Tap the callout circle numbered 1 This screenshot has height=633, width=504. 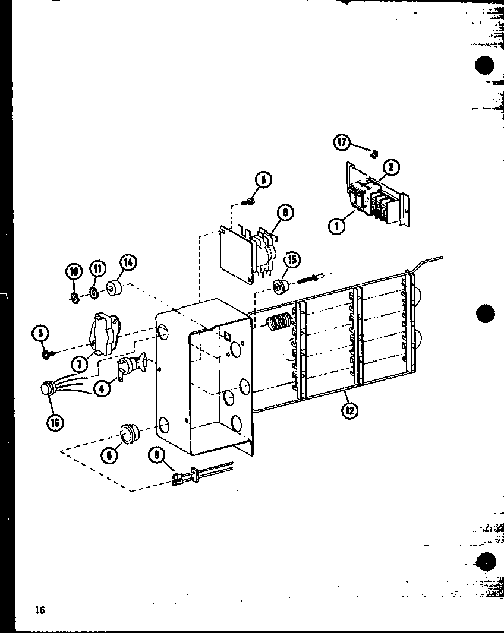(x=337, y=224)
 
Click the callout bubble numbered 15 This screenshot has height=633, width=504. (x=291, y=260)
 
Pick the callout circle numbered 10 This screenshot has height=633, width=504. (x=74, y=272)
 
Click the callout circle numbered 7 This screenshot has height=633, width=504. (x=80, y=362)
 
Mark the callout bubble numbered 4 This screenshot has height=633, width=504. (x=102, y=390)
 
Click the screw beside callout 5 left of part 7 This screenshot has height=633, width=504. (x=47, y=355)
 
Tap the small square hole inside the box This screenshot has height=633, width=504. (x=227, y=337)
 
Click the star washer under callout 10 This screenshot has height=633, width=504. (x=74, y=297)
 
